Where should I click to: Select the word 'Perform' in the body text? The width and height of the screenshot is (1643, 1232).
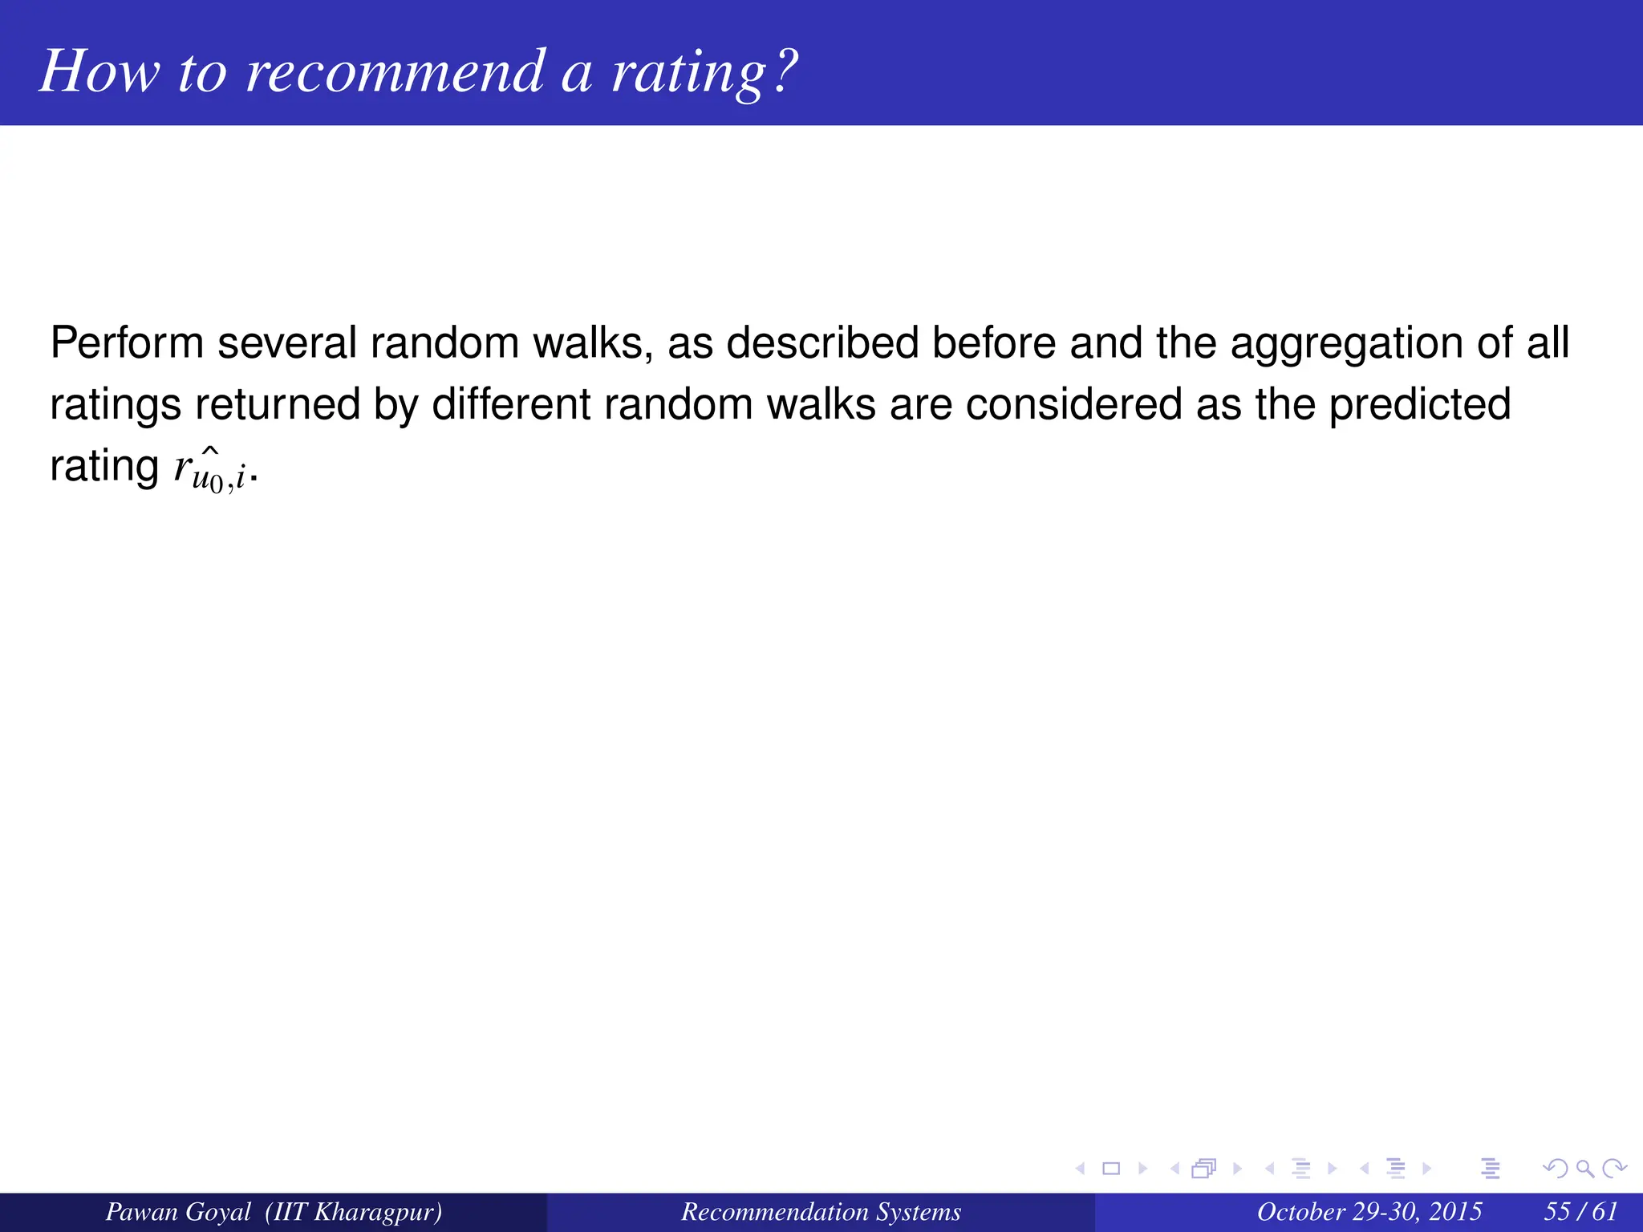(127, 343)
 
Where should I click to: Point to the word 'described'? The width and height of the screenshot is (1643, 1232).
(822, 343)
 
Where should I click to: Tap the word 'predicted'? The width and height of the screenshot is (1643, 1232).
(1419, 404)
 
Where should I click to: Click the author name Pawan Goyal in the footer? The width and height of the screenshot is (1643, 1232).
(178, 1211)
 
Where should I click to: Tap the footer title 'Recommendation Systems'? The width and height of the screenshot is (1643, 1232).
(821, 1211)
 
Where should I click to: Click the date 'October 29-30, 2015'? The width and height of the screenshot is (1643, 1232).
(1369, 1211)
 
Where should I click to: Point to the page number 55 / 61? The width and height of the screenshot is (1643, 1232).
(1580, 1211)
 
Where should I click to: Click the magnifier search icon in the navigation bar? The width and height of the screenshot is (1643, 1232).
(1584, 1169)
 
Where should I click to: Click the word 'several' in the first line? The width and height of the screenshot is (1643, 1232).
(286, 343)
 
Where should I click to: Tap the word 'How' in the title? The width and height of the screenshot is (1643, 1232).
(99, 72)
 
